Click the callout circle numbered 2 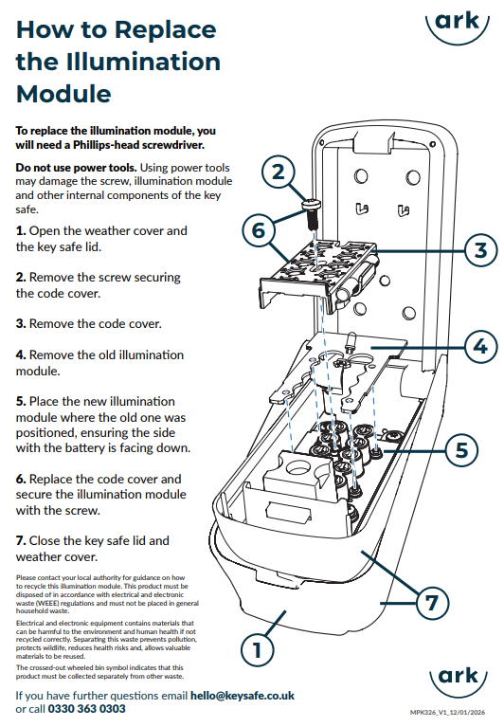(278, 172)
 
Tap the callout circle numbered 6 (259, 229)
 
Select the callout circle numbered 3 (481, 250)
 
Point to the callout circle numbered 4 (481, 346)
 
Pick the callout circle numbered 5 (462, 449)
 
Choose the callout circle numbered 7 (432, 602)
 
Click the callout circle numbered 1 (258, 649)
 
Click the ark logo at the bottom (459, 678)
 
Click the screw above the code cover (312, 213)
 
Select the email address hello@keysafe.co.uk (243, 696)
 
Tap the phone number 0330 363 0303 (86, 709)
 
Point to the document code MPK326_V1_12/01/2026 (447, 712)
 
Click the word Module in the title (63, 94)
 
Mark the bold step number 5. (21, 402)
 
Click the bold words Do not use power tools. (76, 168)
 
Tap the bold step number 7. (21, 541)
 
